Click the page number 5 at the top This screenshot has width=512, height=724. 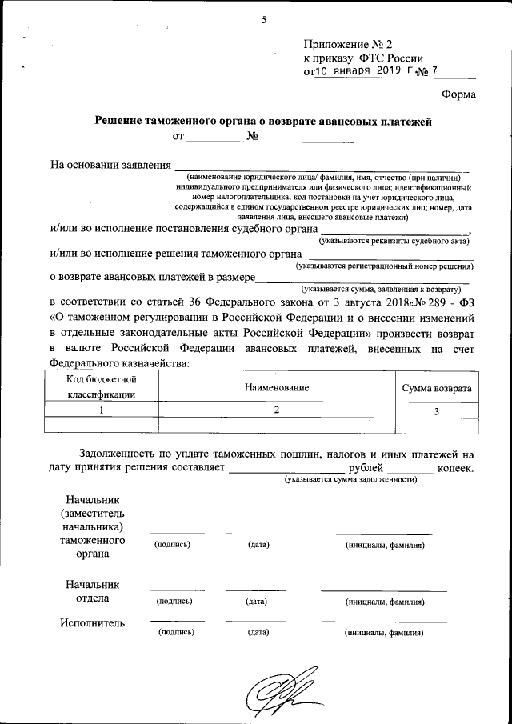click(x=262, y=20)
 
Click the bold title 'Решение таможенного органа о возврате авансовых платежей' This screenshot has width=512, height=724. click(x=263, y=122)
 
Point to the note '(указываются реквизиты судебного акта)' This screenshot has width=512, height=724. click(x=394, y=240)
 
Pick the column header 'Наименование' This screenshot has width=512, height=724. click(x=277, y=387)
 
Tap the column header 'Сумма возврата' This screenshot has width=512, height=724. click(x=436, y=388)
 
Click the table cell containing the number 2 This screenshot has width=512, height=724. click(x=277, y=410)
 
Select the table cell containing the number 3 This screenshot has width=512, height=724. click(x=436, y=411)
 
